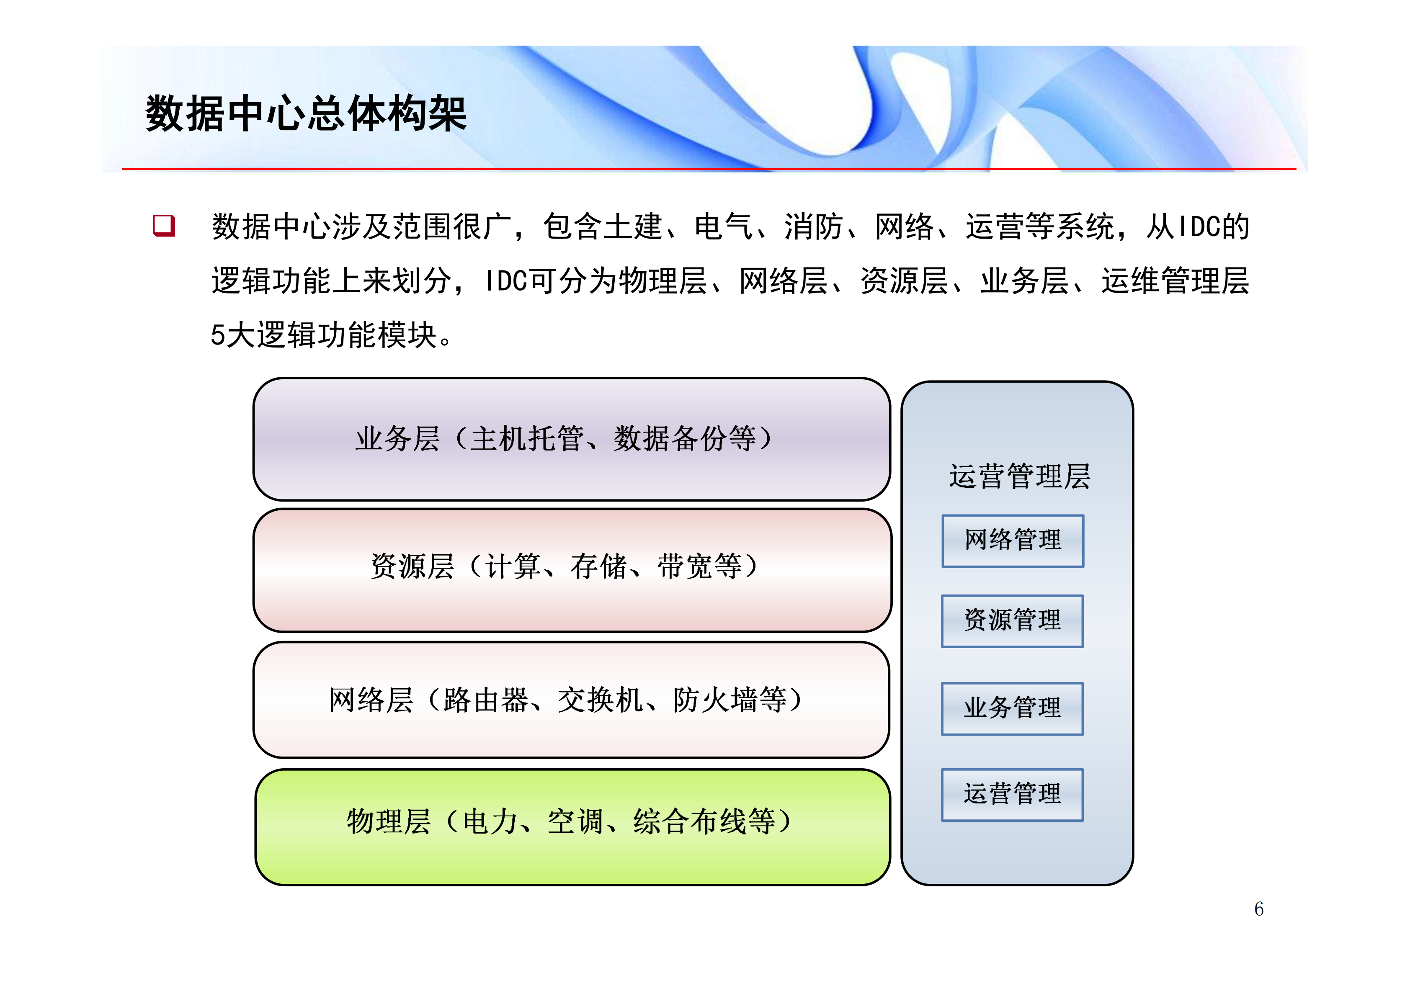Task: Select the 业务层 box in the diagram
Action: pyautogui.click(x=571, y=439)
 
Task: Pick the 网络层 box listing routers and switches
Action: pyautogui.click(x=571, y=700)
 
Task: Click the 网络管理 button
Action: pyautogui.click(x=1012, y=540)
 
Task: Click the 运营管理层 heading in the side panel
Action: pyautogui.click(x=1019, y=476)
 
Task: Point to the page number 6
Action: pyautogui.click(x=1258, y=909)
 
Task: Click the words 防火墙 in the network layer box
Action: pyautogui.click(x=715, y=700)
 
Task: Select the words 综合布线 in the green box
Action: pyautogui.click(x=690, y=821)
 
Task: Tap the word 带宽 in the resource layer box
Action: pyautogui.click(x=685, y=566)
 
